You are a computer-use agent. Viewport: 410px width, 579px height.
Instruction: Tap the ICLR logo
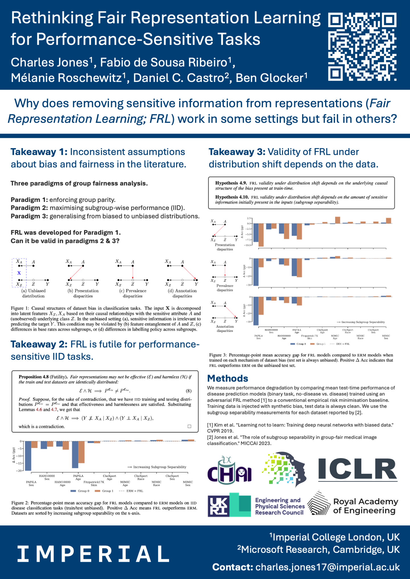click(358, 470)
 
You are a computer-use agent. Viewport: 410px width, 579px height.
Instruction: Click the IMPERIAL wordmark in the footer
click(93, 554)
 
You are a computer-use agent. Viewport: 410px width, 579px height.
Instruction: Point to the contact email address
click(327, 567)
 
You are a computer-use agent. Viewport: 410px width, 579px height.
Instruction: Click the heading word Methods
click(227, 378)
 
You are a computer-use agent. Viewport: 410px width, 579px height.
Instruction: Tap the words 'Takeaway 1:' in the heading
click(39, 152)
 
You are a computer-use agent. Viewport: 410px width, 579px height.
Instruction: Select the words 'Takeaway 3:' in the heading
click(237, 152)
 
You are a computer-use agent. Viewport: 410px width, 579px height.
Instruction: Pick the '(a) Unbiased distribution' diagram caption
click(33, 293)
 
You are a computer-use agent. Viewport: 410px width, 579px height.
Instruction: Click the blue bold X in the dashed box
click(19, 273)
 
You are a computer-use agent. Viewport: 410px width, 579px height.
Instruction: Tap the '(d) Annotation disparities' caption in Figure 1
click(182, 293)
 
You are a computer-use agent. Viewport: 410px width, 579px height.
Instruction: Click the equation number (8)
click(188, 391)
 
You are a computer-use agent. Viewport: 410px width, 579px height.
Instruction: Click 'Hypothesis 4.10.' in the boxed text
click(232, 197)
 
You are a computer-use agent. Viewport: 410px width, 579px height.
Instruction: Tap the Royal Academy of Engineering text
click(365, 506)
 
